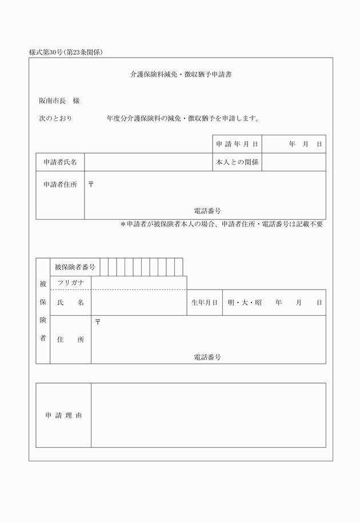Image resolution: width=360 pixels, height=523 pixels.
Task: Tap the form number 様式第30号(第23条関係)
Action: (x=66, y=53)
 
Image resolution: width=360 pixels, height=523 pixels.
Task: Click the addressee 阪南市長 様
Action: (x=59, y=101)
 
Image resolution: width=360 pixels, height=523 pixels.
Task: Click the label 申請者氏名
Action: (x=60, y=162)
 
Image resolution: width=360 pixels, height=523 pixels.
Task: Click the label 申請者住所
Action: (x=60, y=185)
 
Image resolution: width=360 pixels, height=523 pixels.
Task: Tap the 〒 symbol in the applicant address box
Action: (x=91, y=184)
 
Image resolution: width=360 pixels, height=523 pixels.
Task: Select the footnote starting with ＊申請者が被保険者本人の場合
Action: (x=222, y=224)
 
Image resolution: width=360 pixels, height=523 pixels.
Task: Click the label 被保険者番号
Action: (x=75, y=267)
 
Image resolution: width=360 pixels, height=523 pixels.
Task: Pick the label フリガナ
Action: (x=71, y=283)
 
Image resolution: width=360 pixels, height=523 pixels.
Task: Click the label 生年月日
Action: (x=204, y=303)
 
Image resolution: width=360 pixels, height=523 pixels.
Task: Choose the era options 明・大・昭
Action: (x=244, y=303)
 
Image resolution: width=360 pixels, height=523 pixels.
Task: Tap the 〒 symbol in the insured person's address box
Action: (x=98, y=323)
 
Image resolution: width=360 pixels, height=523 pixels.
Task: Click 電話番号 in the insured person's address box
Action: (x=207, y=357)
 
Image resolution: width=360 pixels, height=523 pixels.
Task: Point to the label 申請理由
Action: (x=63, y=416)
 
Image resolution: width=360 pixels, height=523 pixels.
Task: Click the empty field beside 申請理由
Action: (x=208, y=415)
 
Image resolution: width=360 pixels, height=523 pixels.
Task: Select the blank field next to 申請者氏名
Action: (x=148, y=162)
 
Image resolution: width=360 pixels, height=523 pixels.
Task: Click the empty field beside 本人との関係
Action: (x=294, y=162)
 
